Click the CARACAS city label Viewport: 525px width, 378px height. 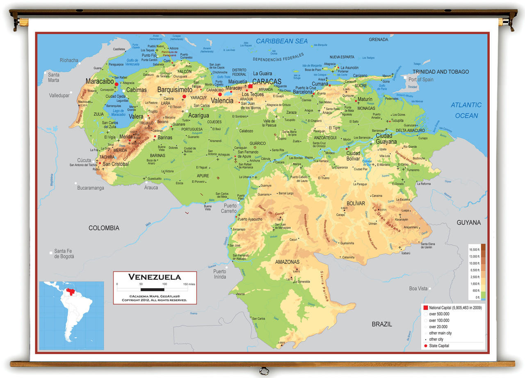click(267, 81)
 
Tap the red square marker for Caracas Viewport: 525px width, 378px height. click(250, 87)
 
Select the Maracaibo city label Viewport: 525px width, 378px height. click(100, 81)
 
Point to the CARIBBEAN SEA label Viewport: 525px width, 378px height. click(281, 41)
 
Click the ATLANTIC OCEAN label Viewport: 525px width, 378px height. click(466, 110)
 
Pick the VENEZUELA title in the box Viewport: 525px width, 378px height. click(155, 277)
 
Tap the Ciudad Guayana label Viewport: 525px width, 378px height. click(386, 139)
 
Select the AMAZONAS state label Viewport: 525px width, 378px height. click(287, 262)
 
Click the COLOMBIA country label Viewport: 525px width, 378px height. click(104, 228)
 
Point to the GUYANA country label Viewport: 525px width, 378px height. click(468, 222)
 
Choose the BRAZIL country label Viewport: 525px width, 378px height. click(381, 324)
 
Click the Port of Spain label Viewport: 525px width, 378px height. click(421, 80)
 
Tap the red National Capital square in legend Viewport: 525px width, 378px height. click(425, 307)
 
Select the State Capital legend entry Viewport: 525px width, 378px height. click(439, 346)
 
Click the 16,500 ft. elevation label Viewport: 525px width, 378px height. click(474, 250)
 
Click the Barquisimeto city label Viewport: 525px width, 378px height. click(175, 89)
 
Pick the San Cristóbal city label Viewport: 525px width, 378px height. click(115, 164)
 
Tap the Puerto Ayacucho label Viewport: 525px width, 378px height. click(250, 219)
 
